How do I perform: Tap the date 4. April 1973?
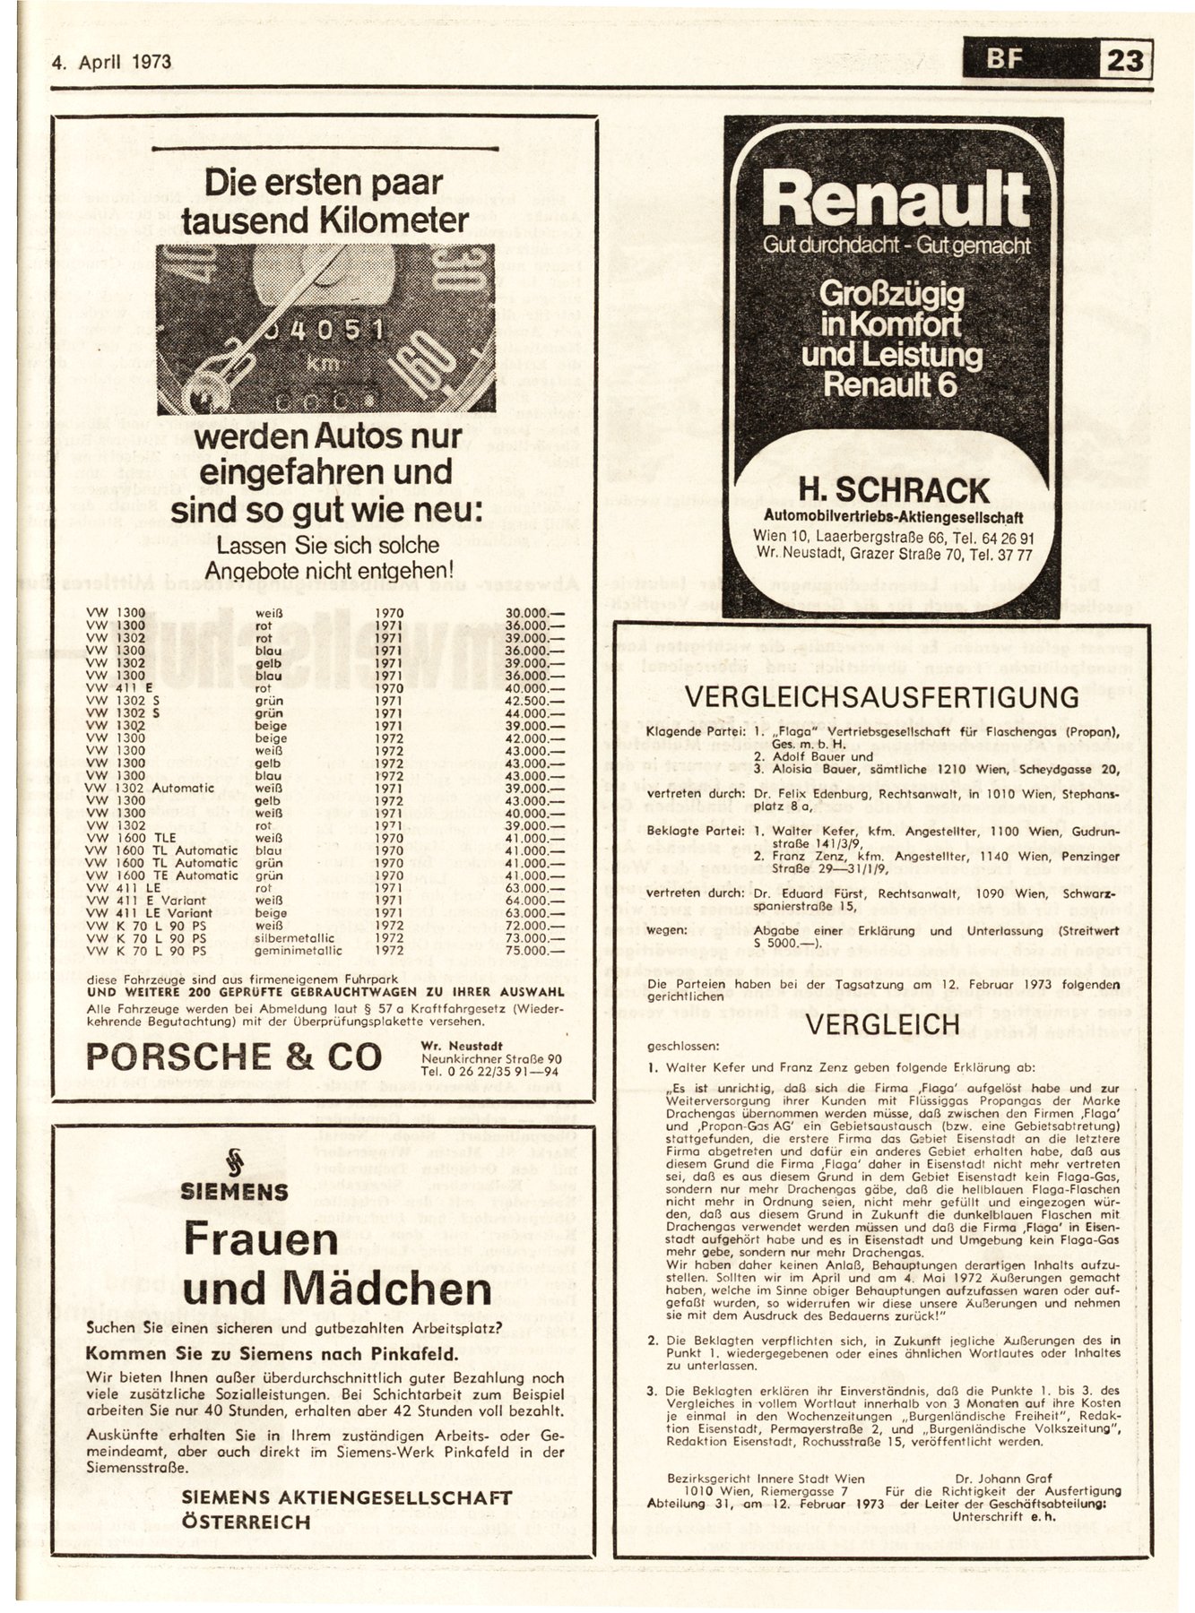[x=112, y=63]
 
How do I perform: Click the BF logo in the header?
[x=1004, y=61]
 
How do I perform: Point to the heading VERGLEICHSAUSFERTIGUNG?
[x=882, y=697]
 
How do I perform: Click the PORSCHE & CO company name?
[x=234, y=1057]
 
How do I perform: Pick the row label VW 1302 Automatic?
[x=151, y=788]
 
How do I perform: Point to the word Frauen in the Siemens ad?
[x=261, y=1240]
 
